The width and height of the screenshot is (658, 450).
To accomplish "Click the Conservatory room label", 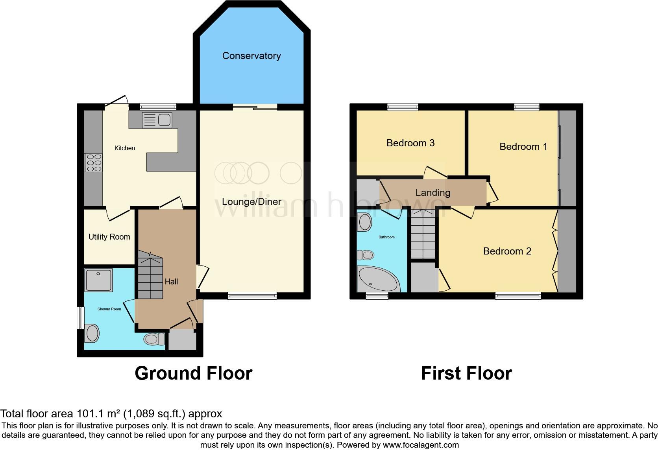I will coord(251,56).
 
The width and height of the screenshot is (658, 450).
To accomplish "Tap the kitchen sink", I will coord(157,120).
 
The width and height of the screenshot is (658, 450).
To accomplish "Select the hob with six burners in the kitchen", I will coord(94,162).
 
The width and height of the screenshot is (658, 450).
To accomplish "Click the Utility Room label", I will coord(109,237).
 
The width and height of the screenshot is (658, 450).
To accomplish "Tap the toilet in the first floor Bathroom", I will coord(366,255).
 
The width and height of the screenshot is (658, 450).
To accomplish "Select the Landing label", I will coord(433,192).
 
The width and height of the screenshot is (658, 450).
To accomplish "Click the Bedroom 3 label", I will coord(410,143).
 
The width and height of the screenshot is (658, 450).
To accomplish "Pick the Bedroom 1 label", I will coord(523,147).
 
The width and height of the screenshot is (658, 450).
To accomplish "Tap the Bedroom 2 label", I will coord(507,251).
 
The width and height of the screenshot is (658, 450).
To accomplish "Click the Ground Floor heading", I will coord(193,373).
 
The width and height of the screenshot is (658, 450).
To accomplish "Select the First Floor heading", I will coord(466,373).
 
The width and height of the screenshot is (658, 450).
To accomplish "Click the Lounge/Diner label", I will coord(251,202).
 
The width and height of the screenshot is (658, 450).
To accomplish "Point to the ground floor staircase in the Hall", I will coord(150,277).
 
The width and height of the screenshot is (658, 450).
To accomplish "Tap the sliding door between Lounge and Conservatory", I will coord(255,107).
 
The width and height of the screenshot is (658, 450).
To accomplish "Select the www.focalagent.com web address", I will coord(421,445).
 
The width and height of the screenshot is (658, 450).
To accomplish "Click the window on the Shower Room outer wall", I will coord(81,317).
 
